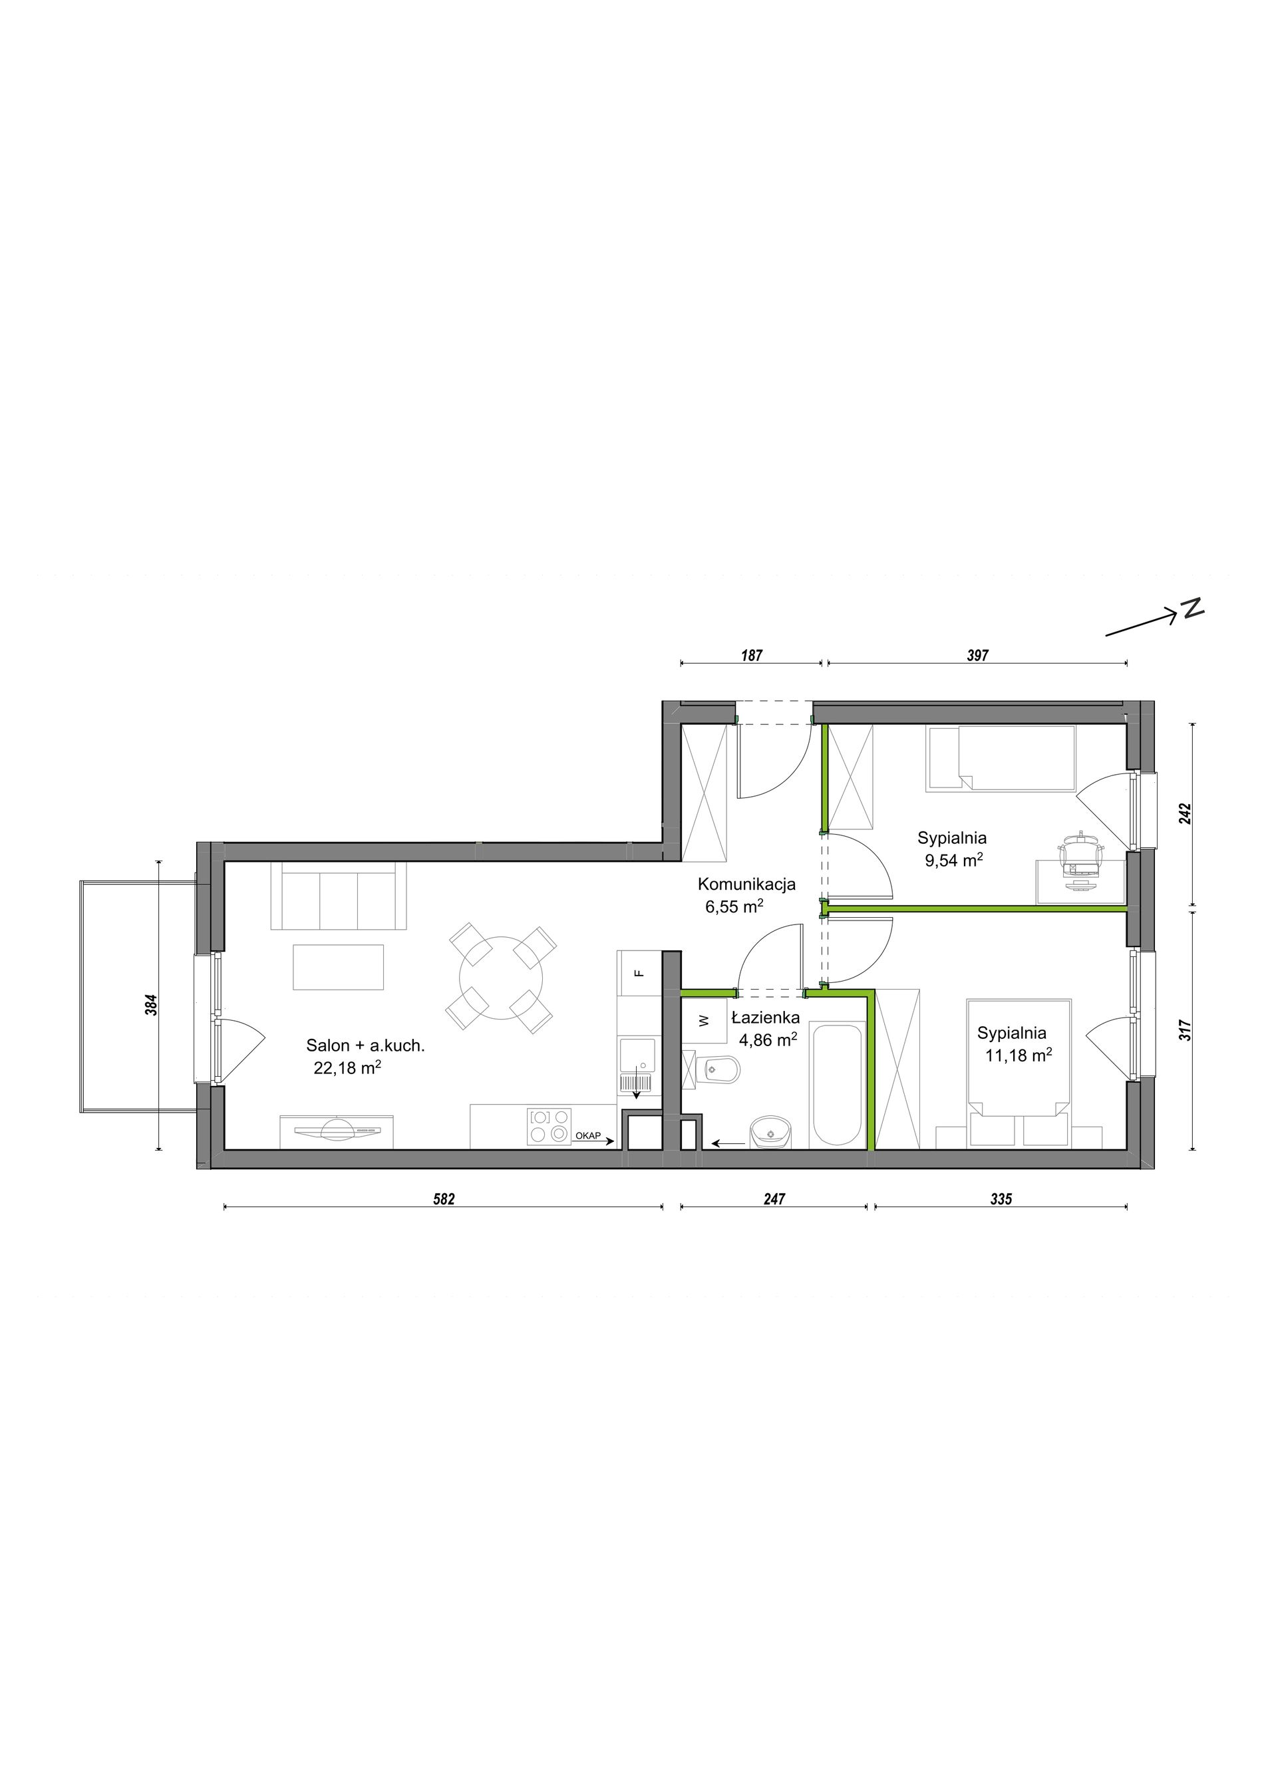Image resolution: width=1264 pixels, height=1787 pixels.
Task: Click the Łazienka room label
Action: coord(765,1018)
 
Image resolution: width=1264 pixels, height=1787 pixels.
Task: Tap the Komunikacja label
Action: coord(746,884)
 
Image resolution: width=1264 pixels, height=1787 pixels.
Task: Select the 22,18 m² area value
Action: coord(347,1068)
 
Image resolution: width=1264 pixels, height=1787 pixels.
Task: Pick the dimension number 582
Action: coord(443,1199)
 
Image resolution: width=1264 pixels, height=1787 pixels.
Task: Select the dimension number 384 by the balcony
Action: coord(152,1005)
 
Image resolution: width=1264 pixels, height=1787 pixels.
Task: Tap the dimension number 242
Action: coord(1185,813)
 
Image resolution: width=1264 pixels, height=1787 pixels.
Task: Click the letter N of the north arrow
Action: coord(1191,609)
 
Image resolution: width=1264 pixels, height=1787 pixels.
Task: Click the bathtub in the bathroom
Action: coord(837,1084)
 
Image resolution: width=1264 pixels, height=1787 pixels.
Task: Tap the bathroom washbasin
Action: coord(770,1132)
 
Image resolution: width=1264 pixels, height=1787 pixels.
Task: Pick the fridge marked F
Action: coord(638,972)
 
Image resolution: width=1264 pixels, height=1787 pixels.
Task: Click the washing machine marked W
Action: coord(704,1020)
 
